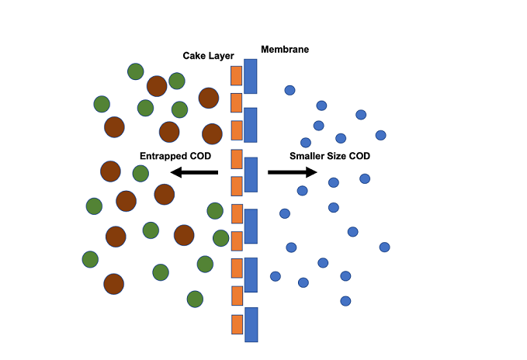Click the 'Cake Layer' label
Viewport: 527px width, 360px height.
[208, 56]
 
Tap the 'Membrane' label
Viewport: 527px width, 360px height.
[285, 50]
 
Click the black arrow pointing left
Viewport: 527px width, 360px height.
[194, 172]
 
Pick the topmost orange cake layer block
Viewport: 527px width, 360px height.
[236, 75]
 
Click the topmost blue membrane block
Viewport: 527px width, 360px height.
[250, 76]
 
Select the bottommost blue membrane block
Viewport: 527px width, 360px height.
[251, 324]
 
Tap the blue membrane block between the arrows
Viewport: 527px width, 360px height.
[251, 175]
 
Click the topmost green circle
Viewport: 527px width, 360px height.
[136, 71]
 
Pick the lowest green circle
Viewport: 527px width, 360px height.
[195, 299]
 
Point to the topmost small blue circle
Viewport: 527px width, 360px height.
[290, 90]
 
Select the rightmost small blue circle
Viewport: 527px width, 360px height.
[384, 247]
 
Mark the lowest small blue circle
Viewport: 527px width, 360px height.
[345, 301]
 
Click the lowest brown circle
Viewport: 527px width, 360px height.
[114, 284]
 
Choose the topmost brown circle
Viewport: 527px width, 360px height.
[157, 85]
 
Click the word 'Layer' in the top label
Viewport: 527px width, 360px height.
[221, 56]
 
